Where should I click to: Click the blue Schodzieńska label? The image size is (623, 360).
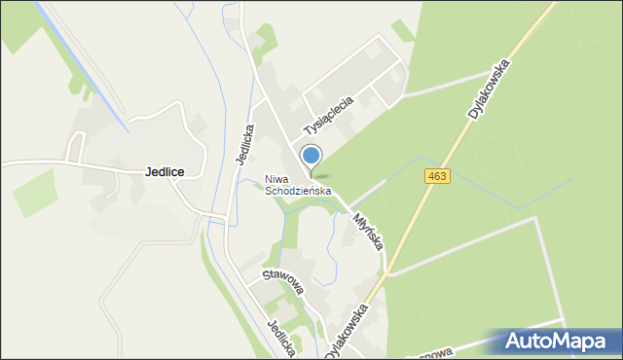coord(299,192)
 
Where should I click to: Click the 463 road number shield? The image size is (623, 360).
coord(437,175)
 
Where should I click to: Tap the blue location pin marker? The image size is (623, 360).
coord(311,156)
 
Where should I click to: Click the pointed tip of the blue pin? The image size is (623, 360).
coord(311,177)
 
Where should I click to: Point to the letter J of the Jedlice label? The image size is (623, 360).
coord(147,171)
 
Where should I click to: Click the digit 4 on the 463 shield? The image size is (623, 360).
coord(431,175)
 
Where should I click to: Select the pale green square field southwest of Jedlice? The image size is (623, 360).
coord(35,192)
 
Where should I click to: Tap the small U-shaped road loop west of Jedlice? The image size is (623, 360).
coord(76,146)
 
